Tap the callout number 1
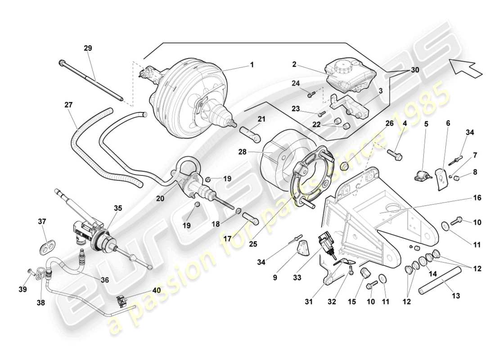click(x=252, y=65)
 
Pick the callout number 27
click(x=68, y=104)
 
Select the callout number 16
click(x=464, y=197)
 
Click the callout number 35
click(x=118, y=208)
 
